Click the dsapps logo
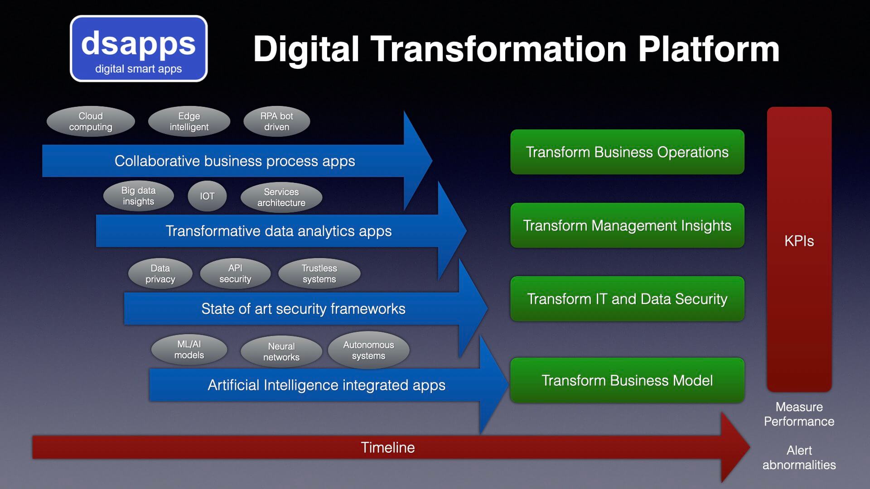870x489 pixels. pyautogui.click(x=139, y=48)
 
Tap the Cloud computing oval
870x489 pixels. pyautogui.click(x=91, y=121)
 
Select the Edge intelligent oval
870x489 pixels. pyautogui.click(x=189, y=121)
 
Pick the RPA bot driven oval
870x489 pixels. pyautogui.click(x=276, y=121)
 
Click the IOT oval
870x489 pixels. pyautogui.click(x=207, y=196)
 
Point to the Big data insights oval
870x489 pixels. pyautogui.click(x=138, y=196)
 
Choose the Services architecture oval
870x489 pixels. pyautogui.click(x=281, y=197)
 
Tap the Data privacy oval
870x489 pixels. pyautogui.click(x=160, y=273)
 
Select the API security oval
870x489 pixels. pyautogui.click(x=235, y=273)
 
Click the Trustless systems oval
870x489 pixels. pyautogui.click(x=319, y=273)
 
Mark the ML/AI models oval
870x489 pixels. pyautogui.click(x=189, y=350)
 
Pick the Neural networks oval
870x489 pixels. pyautogui.click(x=281, y=351)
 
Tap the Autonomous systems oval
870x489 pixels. pyautogui.click(x=368, y=350)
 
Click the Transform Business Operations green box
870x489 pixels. pyautogui.click(x=627, y=152)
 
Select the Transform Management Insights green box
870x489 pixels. pyautogui.click(x=627, y=225)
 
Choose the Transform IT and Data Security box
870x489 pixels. pyautogui.click(x=627, y=299)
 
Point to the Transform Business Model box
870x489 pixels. pyautogui.click(x=627, y=380)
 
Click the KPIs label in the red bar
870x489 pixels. pyautogui.click(x=799, y=241)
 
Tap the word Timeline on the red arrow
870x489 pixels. pyautogui.click(x=388, y=447)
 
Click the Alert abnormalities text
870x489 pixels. pyautogui.click(x=799, y=457)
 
